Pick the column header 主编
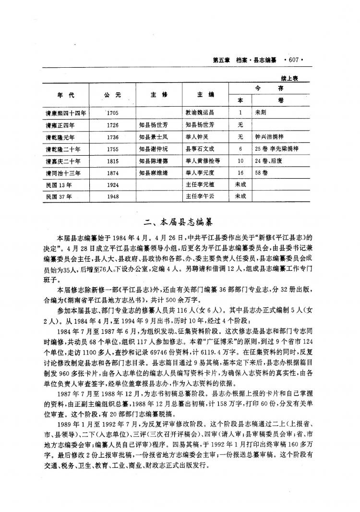point(205,94)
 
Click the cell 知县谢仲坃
point(155,148)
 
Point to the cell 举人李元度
point(202,172)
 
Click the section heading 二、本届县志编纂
point(180,222)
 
